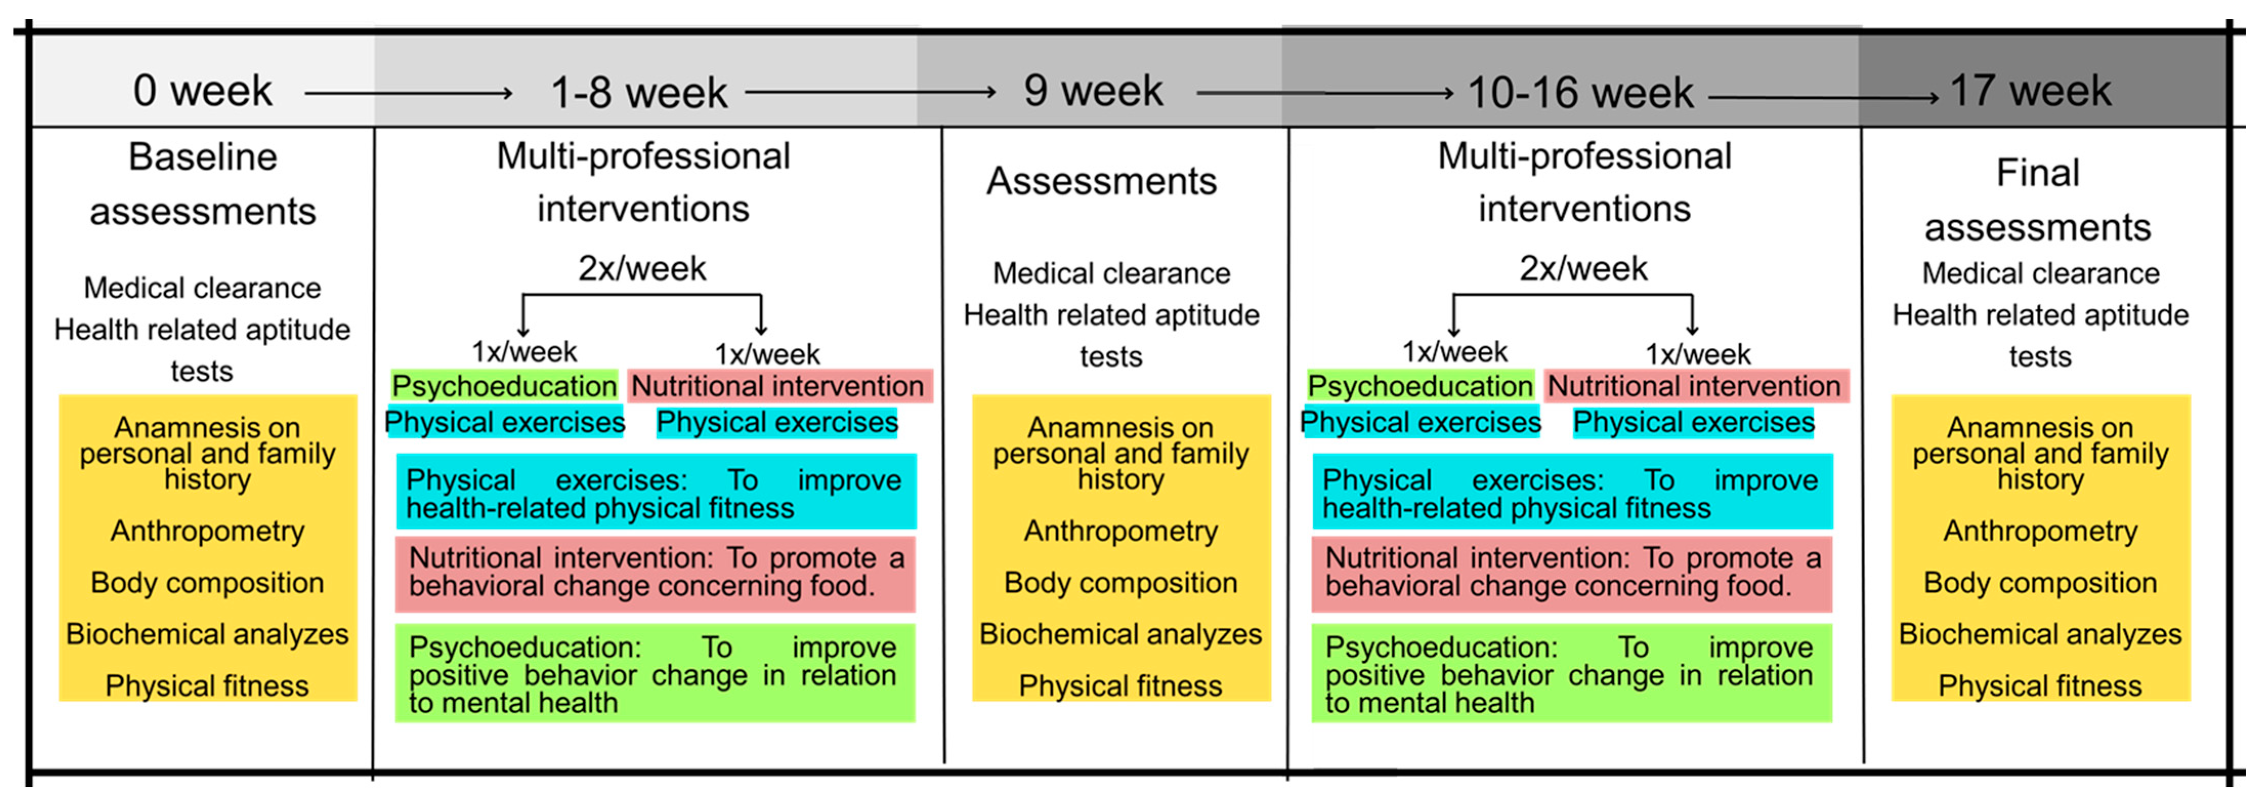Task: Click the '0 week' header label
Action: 202,91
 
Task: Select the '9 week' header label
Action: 1093,91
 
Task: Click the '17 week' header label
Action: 2030,91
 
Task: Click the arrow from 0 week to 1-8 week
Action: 409,92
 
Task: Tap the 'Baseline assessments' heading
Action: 202,184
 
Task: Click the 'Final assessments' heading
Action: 2037,200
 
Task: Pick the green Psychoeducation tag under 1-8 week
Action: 504,386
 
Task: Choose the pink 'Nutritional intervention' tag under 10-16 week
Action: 1694,386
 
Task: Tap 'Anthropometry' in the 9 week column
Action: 1121,530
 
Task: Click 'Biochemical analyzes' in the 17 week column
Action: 2040,634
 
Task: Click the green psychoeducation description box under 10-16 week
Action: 1571,673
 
